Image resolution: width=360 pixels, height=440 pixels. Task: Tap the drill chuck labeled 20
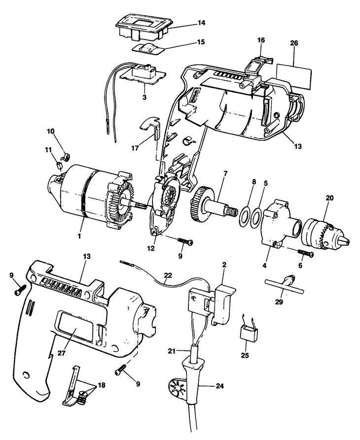(x=323, y=233)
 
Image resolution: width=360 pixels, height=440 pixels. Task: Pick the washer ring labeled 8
(x=243, y=215)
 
